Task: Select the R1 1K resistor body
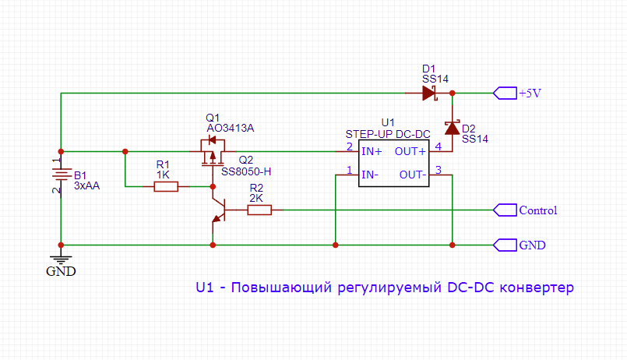click(x=166, y=187)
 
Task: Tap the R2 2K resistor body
click(x=259, y=210)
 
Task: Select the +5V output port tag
click(x=505, y=94)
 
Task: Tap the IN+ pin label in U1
click(x=372, y=151)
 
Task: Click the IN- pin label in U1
click(x=370, y=175)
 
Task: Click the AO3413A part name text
click(x=231, y=128)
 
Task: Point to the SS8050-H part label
click(x=246, y=171)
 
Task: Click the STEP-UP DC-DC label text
click(x=387, y=135)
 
